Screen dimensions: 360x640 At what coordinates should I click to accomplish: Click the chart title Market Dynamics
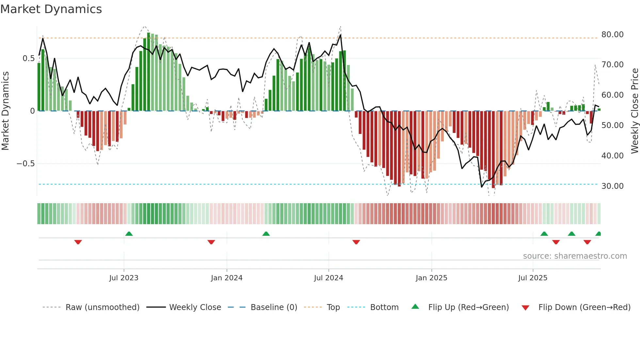[x=51, y=9]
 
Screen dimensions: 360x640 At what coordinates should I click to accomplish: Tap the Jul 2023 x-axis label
[x=123, y=278]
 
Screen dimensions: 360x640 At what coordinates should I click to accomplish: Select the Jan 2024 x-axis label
[x=227, y=278]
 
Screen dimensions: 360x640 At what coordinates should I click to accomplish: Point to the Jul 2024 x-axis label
[x=328, y=278]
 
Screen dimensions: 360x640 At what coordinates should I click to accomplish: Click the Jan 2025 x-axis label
[x=431, y=278]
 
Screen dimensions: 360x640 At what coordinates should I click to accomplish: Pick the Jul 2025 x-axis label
[x=533, y=278]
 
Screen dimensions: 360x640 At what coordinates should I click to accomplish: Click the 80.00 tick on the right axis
[x=612, y=35]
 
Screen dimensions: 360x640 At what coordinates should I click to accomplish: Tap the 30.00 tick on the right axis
[x=612, y=186]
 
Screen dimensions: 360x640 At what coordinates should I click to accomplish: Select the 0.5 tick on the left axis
[x=28, y=58]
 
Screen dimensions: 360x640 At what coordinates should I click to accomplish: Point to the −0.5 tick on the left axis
[x=25, y=164]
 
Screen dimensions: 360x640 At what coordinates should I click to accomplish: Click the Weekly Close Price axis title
[x=634, y=111]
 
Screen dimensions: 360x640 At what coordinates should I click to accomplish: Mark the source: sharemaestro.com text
[x=575, y=256]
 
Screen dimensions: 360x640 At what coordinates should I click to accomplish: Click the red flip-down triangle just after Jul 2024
[x=356, y=242]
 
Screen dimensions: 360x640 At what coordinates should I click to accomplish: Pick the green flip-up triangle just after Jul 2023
[x=129, y=234]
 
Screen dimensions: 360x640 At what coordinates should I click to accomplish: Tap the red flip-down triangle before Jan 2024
[x=211, y=242]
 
